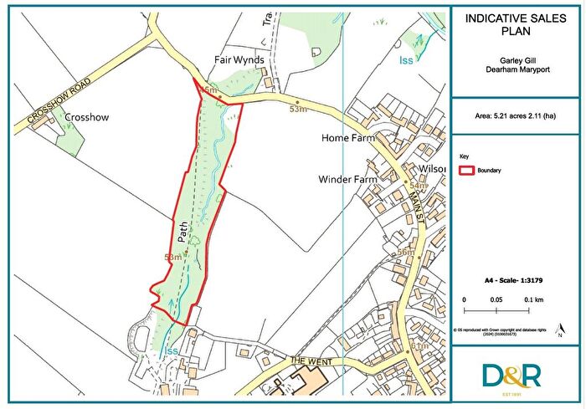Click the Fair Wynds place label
click(238, 61)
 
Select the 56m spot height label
click(406, 253)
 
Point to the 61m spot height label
click(420, 346)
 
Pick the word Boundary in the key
click(490, 170)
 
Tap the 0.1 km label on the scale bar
click(534, 299)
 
